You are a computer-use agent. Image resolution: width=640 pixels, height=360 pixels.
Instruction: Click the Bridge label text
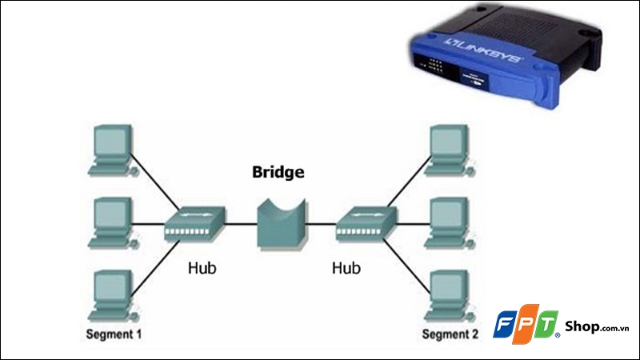click(278, 171)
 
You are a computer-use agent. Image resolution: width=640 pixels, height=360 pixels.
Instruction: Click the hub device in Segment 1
click(194, 225)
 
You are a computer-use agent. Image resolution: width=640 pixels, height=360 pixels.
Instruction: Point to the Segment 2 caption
click(450, 331)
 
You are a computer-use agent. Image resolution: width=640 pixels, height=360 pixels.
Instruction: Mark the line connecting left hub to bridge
click(242, 224)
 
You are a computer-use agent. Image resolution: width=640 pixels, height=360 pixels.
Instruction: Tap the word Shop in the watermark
click(578, 325)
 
